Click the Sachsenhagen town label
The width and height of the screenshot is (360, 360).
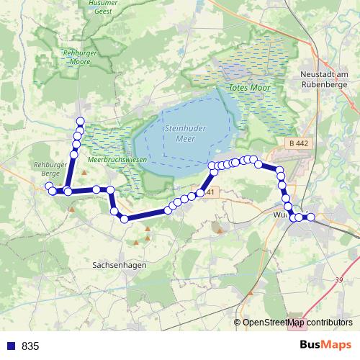pos(119,265)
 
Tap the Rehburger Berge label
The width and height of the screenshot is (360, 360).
pos(48,168)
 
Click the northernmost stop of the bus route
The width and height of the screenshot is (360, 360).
pos(80,122)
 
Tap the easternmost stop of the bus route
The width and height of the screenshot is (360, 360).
pos(311,217)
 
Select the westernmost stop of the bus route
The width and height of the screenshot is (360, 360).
pos(49,187)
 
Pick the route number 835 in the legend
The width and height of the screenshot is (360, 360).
pos(30,346)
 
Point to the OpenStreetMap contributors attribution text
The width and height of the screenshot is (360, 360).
pos(297,323)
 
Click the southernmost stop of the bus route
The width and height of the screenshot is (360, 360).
pos(125,219)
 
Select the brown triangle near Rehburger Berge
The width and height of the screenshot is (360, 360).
pos(84,173)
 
